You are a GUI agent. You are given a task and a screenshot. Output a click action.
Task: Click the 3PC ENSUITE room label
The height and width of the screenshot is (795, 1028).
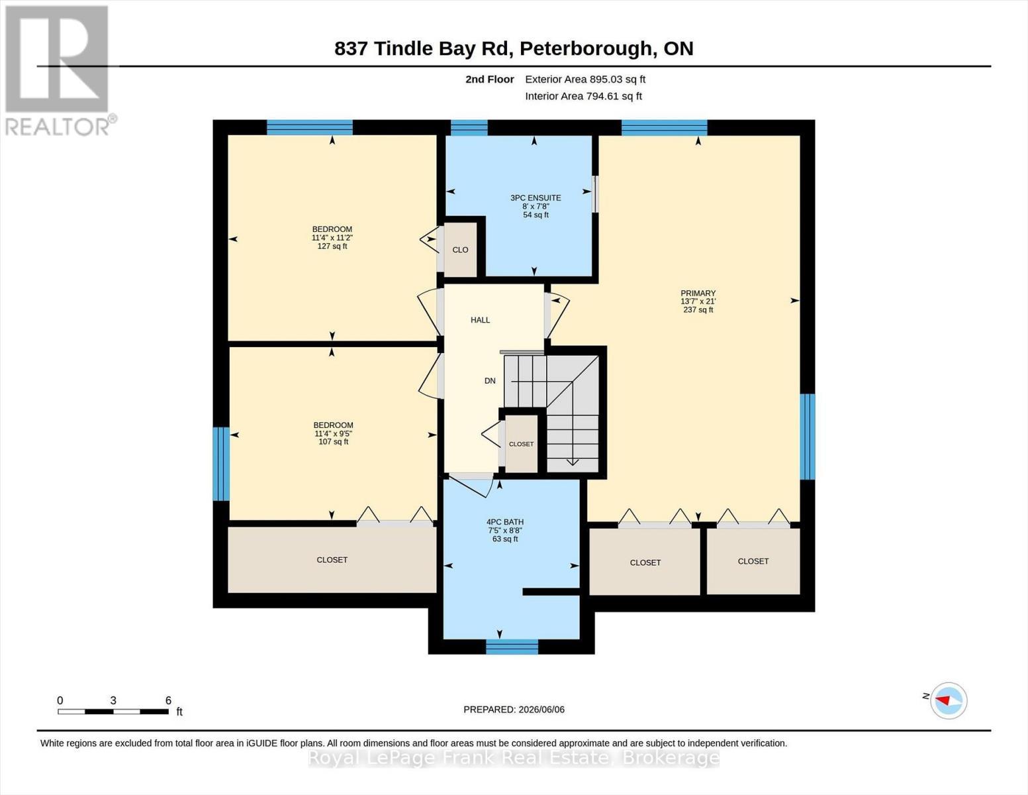coord(536,198)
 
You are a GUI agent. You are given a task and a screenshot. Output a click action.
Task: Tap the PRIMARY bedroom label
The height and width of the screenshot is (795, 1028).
coord(698,293)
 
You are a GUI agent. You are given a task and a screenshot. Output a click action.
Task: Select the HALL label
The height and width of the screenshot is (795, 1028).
coord(480,320)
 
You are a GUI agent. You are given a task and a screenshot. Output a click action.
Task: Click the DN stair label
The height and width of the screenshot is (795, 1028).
coord(490,381)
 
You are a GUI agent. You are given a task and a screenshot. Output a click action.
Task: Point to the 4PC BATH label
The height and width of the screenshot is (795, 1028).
coord(505,522)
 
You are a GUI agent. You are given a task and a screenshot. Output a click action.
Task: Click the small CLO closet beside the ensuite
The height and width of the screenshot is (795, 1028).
coord(460,250)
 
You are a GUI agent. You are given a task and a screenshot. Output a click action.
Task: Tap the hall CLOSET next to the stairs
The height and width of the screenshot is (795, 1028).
coord(522,444)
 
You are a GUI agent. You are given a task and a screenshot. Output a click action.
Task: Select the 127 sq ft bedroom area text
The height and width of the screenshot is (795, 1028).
coord(332,246)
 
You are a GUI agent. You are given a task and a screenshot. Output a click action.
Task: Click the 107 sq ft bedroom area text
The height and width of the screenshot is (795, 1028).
coord(334,442)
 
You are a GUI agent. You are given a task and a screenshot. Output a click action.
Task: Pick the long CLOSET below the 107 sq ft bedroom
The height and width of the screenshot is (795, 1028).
coord(332,560)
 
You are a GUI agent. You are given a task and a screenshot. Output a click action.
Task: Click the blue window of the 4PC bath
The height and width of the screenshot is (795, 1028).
coord(512,647)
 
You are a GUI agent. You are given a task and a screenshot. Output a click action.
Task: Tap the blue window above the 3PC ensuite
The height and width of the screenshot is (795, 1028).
coord(469,128)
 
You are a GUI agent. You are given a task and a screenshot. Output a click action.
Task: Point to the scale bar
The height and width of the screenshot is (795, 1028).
coord(113,712)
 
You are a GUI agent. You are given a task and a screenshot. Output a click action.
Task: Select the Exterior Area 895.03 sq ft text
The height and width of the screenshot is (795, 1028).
coord(585,79)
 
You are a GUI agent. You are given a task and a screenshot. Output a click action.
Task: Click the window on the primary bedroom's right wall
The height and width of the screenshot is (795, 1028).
coord(807,437)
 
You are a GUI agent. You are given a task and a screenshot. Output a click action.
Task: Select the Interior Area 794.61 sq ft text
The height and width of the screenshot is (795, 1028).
coord(583,96)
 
